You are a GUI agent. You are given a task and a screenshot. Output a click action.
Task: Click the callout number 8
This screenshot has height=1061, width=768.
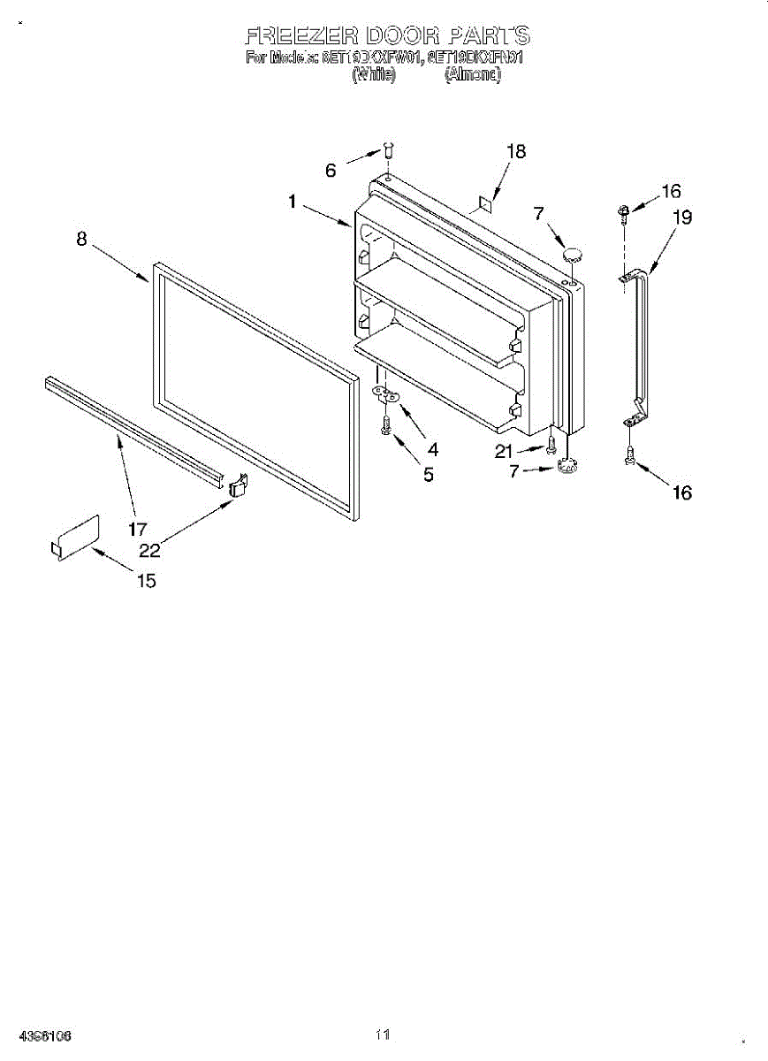pyautogui.click(x=81, y=239)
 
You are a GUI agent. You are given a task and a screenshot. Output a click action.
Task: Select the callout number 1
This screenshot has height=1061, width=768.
pyautogui.click(x=292, y=202)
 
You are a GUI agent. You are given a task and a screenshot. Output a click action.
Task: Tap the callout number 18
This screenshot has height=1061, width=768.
pyautogui.click(x=515, y=152)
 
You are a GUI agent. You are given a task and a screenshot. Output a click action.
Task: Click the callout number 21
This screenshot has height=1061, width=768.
pyautogui.click(x=504, y=452)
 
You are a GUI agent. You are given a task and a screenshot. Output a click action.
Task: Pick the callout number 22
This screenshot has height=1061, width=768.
pyautogui.click(x=150, y=550)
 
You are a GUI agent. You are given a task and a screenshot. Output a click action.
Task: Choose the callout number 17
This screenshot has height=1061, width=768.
pyautogui.click(x=137, y=530)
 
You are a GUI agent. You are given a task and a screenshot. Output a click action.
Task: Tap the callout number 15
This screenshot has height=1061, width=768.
pyautogui.click(x=146, y=581)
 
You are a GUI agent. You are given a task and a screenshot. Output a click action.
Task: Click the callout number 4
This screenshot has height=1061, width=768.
pyautogui.click(x=432, y=449)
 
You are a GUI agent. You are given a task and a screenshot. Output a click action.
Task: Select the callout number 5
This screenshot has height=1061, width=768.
pyautogui.click(x=429, y=475)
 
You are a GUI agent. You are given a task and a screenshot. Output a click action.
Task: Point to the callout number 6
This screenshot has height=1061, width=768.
pyautogui.click(x=331, y=171)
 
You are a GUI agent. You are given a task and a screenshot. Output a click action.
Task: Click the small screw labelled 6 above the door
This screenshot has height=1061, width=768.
pyautogui.click(x=389, y=149)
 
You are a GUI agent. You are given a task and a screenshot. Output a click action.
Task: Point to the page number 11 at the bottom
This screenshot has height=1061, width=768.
pyautogui.click(x=382, y=1034)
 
